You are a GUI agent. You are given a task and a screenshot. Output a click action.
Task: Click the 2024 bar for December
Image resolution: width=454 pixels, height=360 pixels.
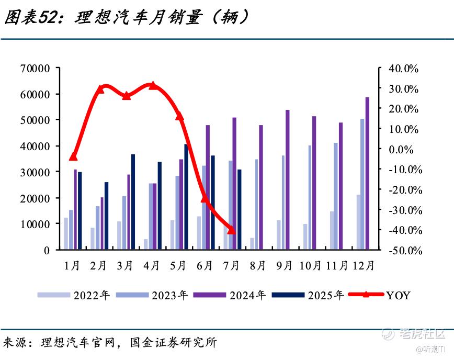[x=367, y=173]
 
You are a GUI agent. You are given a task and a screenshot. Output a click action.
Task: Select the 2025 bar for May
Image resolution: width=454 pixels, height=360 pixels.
[x=186, y=197]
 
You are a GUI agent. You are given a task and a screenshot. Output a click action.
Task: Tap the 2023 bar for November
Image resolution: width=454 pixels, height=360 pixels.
[x=336, y=196]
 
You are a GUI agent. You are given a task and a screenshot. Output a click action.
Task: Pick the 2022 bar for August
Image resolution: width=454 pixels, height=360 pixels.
[x=252, y=243]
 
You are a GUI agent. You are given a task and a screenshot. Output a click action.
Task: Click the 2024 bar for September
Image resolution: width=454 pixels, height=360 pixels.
[x=288, y=179]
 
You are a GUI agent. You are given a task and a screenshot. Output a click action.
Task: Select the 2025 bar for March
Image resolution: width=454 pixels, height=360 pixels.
[x=133, y=202]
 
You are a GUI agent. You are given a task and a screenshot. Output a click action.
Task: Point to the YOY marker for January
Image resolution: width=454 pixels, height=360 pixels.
[x=73, y=156]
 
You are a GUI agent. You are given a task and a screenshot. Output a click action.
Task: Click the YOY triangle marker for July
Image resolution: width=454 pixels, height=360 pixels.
[x=231, y=230]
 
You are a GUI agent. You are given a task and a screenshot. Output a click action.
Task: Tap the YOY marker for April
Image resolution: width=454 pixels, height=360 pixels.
[x=153, y=85]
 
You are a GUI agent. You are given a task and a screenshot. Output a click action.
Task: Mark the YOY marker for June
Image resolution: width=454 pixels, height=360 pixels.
[x=205, y=199]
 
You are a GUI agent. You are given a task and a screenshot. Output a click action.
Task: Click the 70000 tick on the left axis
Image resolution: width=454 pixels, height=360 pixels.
[x=35, y=69]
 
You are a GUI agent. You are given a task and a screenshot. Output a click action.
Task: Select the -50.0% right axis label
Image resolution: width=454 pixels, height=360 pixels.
[x=405, y=250]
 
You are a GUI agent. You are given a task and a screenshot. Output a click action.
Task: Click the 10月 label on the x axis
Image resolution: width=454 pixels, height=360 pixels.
[x=310, y=265]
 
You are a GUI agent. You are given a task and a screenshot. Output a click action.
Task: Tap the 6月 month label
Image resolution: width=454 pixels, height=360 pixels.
[x=205, y=265]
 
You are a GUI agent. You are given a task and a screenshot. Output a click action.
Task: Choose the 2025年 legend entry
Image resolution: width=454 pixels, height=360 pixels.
[x=308, y=295]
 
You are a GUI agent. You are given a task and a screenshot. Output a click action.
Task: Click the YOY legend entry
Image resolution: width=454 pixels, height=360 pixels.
[x=379, y=295]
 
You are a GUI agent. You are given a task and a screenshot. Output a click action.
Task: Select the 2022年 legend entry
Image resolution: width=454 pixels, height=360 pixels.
[x=74, y=295]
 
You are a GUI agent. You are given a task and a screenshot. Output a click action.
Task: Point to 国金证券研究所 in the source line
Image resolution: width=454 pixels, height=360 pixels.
[x=173, y=342]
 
